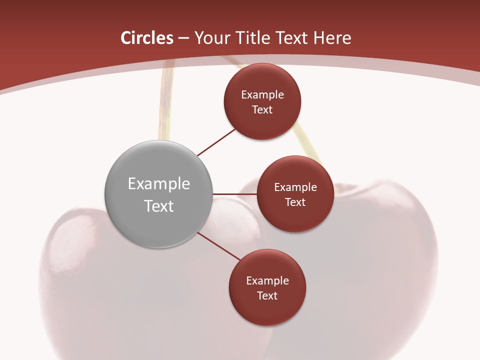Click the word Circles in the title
(146, 38)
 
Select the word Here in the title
(332, 38)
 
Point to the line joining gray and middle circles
(235, 193)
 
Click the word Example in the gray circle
(159, 184)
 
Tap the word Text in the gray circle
(159, 206)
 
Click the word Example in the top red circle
(262, 94)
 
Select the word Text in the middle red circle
(295, 202)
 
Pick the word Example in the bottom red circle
(267, 280)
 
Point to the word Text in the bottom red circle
(267, 295)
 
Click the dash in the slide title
(183, 38)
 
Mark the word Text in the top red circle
(262, 109)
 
